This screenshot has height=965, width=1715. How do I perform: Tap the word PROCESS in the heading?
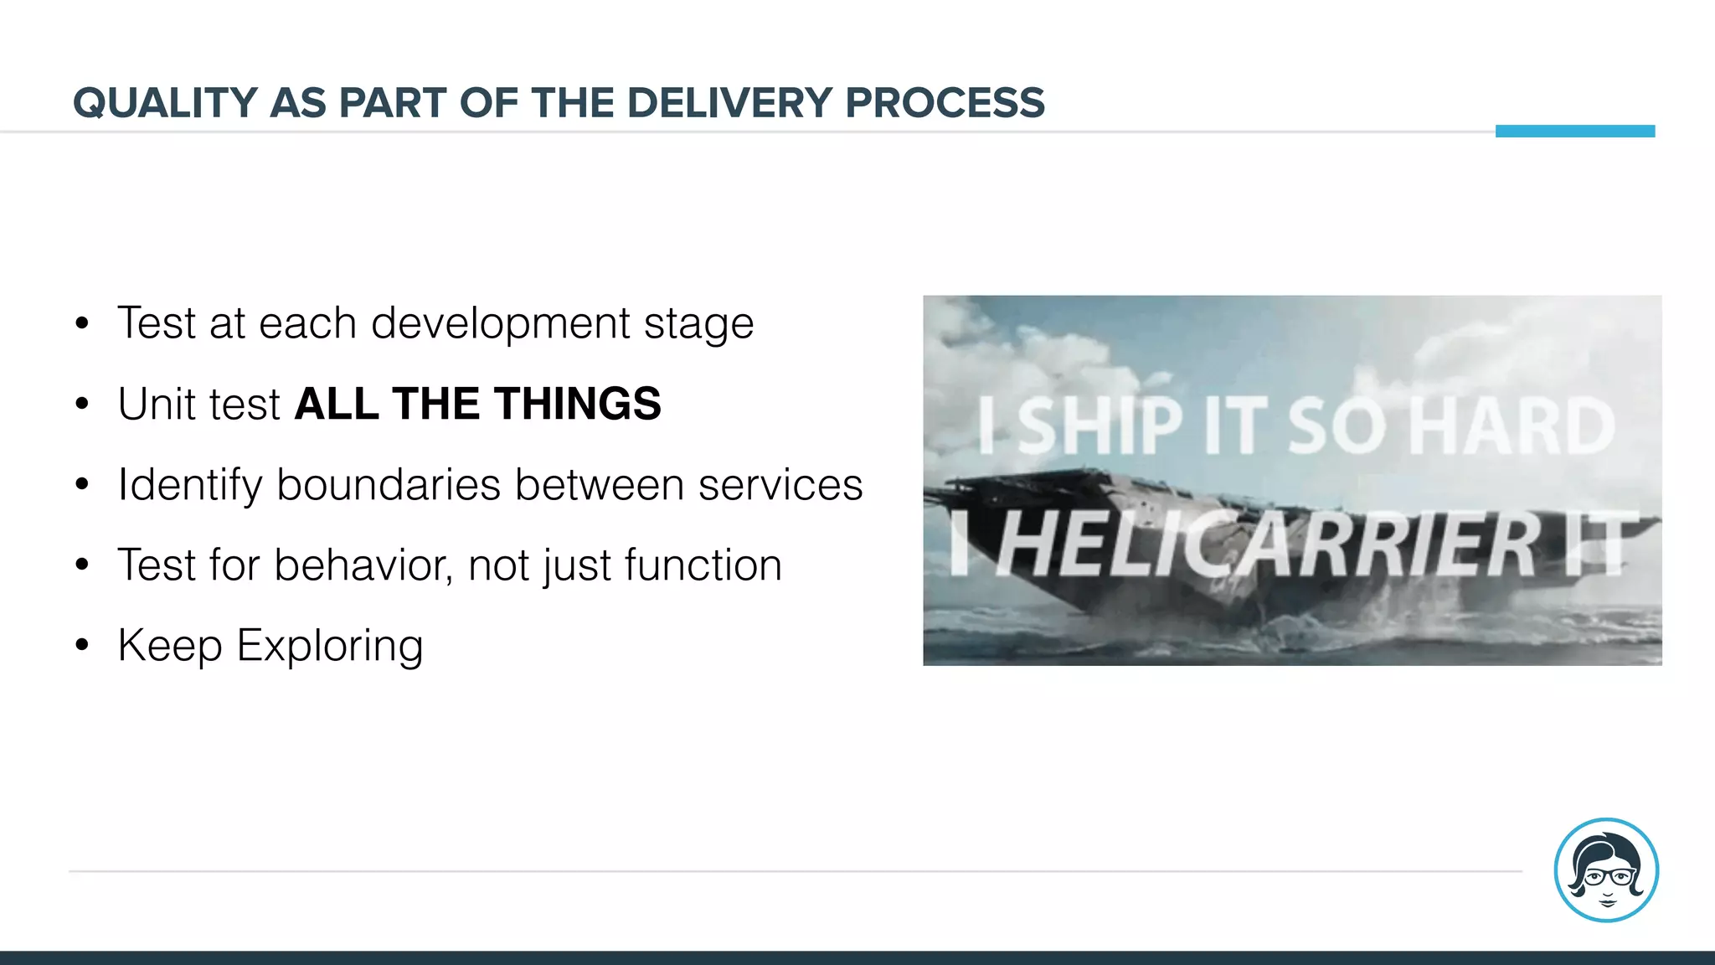(x=945, y=103)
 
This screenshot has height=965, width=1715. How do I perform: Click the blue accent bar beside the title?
(x=1574, y=131)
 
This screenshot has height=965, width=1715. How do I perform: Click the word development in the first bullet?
(x=500, y=323)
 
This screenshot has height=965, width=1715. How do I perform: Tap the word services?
(x=780, y=485)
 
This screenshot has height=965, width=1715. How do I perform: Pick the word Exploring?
(x=330, y=647)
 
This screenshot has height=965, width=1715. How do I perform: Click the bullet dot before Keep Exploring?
(x=81, y=645)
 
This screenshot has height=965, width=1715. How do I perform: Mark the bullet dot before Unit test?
(x=81, y=404)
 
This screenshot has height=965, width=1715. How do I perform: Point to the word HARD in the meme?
(x=1512, y=426)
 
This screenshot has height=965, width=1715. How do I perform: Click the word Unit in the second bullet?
(x=157, y=404)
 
